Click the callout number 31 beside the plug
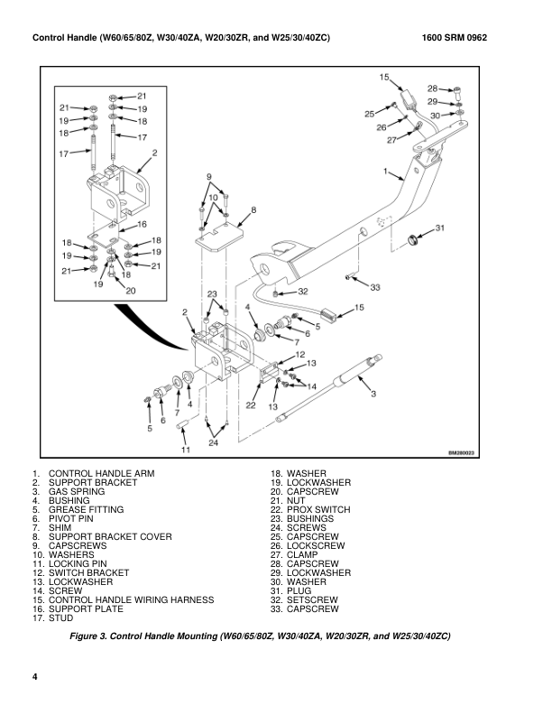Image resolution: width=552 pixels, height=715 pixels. tap(440, 228)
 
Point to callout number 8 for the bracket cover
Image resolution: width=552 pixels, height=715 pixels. tap(253, 209)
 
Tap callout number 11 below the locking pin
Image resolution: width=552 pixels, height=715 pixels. tap(185, 449)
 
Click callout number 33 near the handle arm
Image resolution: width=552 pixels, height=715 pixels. tap(375, 287)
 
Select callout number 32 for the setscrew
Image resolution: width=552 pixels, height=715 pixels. tap(303, 292)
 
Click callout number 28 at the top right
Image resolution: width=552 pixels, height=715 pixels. tap(432, 89)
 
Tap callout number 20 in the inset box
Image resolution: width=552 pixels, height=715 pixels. tap(130, 291)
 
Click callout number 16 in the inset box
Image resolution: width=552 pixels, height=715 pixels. tap(142, 224)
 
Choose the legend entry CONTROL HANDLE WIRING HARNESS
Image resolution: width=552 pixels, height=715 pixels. tap(130, 600)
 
